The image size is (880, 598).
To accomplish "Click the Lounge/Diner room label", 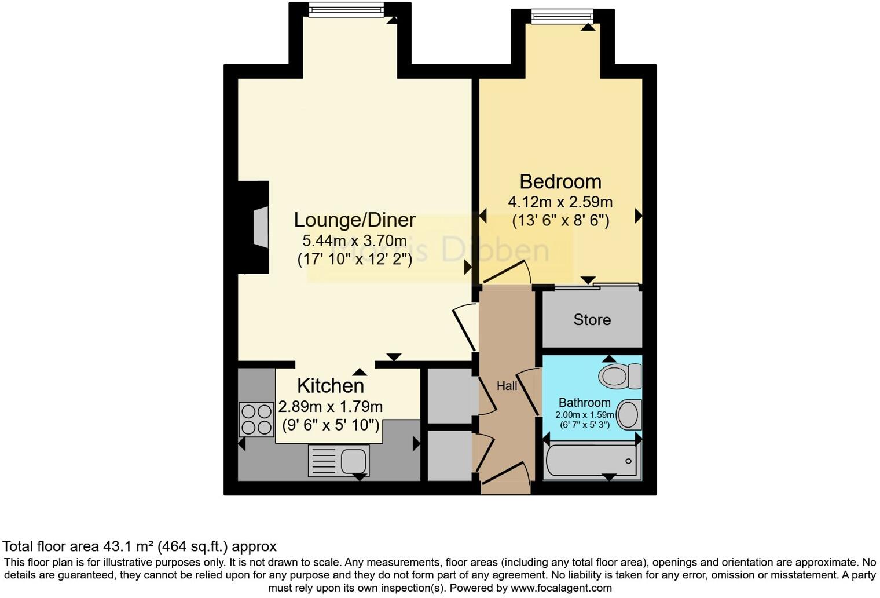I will coord(354,220).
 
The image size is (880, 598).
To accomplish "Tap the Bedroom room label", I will coord(560,182).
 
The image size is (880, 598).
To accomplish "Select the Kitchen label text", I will coord(331,386).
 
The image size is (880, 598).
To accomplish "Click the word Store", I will coord(592,320).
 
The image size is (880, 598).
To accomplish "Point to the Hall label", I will coord(507,386).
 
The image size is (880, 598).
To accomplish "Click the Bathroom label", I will coord(584,403).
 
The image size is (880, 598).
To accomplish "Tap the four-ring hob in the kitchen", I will coord(256,420).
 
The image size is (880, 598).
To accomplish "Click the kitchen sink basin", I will coord(353,461).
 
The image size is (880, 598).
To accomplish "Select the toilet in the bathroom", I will coord(619,376).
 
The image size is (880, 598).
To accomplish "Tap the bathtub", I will coord(592,461).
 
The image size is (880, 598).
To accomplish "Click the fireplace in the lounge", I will coord(259,227).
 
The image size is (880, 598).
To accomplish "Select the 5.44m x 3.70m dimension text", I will coord(354,240).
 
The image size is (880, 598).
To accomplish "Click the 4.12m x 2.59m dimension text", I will coord(560,202).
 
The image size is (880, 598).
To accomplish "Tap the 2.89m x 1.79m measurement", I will coord(330,407).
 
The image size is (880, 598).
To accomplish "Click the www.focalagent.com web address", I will coord(560,588).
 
